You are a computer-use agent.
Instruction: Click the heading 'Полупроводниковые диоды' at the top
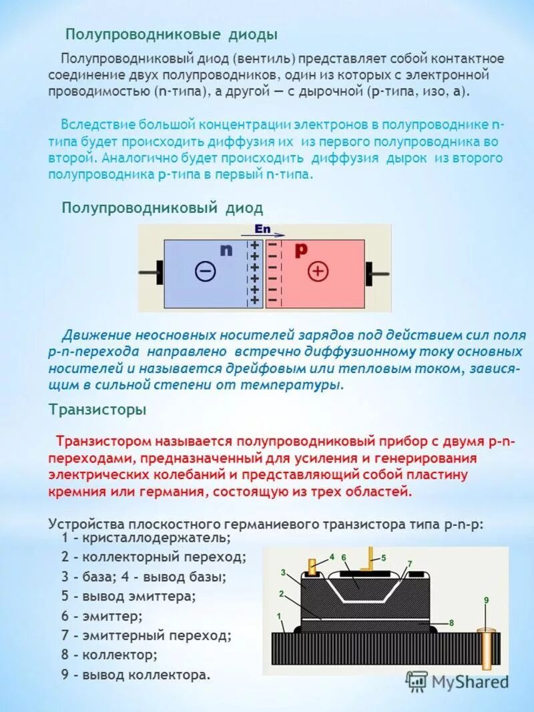pyautogui.click(x=171, y=34)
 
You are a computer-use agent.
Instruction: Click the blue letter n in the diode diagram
pyautogui.click(x=226, y=250)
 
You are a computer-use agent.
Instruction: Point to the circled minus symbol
pyautogui.click(x=206, y=271)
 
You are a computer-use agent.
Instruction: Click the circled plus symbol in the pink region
pyautogui.click(x=318, y=271)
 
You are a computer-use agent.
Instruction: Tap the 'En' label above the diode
pyautogui.click(x=262, y=229)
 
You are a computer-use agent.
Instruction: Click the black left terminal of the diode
pyautogui.click(x=159, y=272)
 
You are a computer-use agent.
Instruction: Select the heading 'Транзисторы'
pyautogui.click(x=97, y=410)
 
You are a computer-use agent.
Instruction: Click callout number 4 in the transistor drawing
pyautogui.click(x=331, y=556)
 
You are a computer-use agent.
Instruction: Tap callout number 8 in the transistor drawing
pyautogui.click(x=451, y=623)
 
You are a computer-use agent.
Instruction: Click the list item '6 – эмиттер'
pyautogui.click(x=101, y=616)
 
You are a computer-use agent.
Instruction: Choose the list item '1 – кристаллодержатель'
pyautogui.click(x=146, y=537)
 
